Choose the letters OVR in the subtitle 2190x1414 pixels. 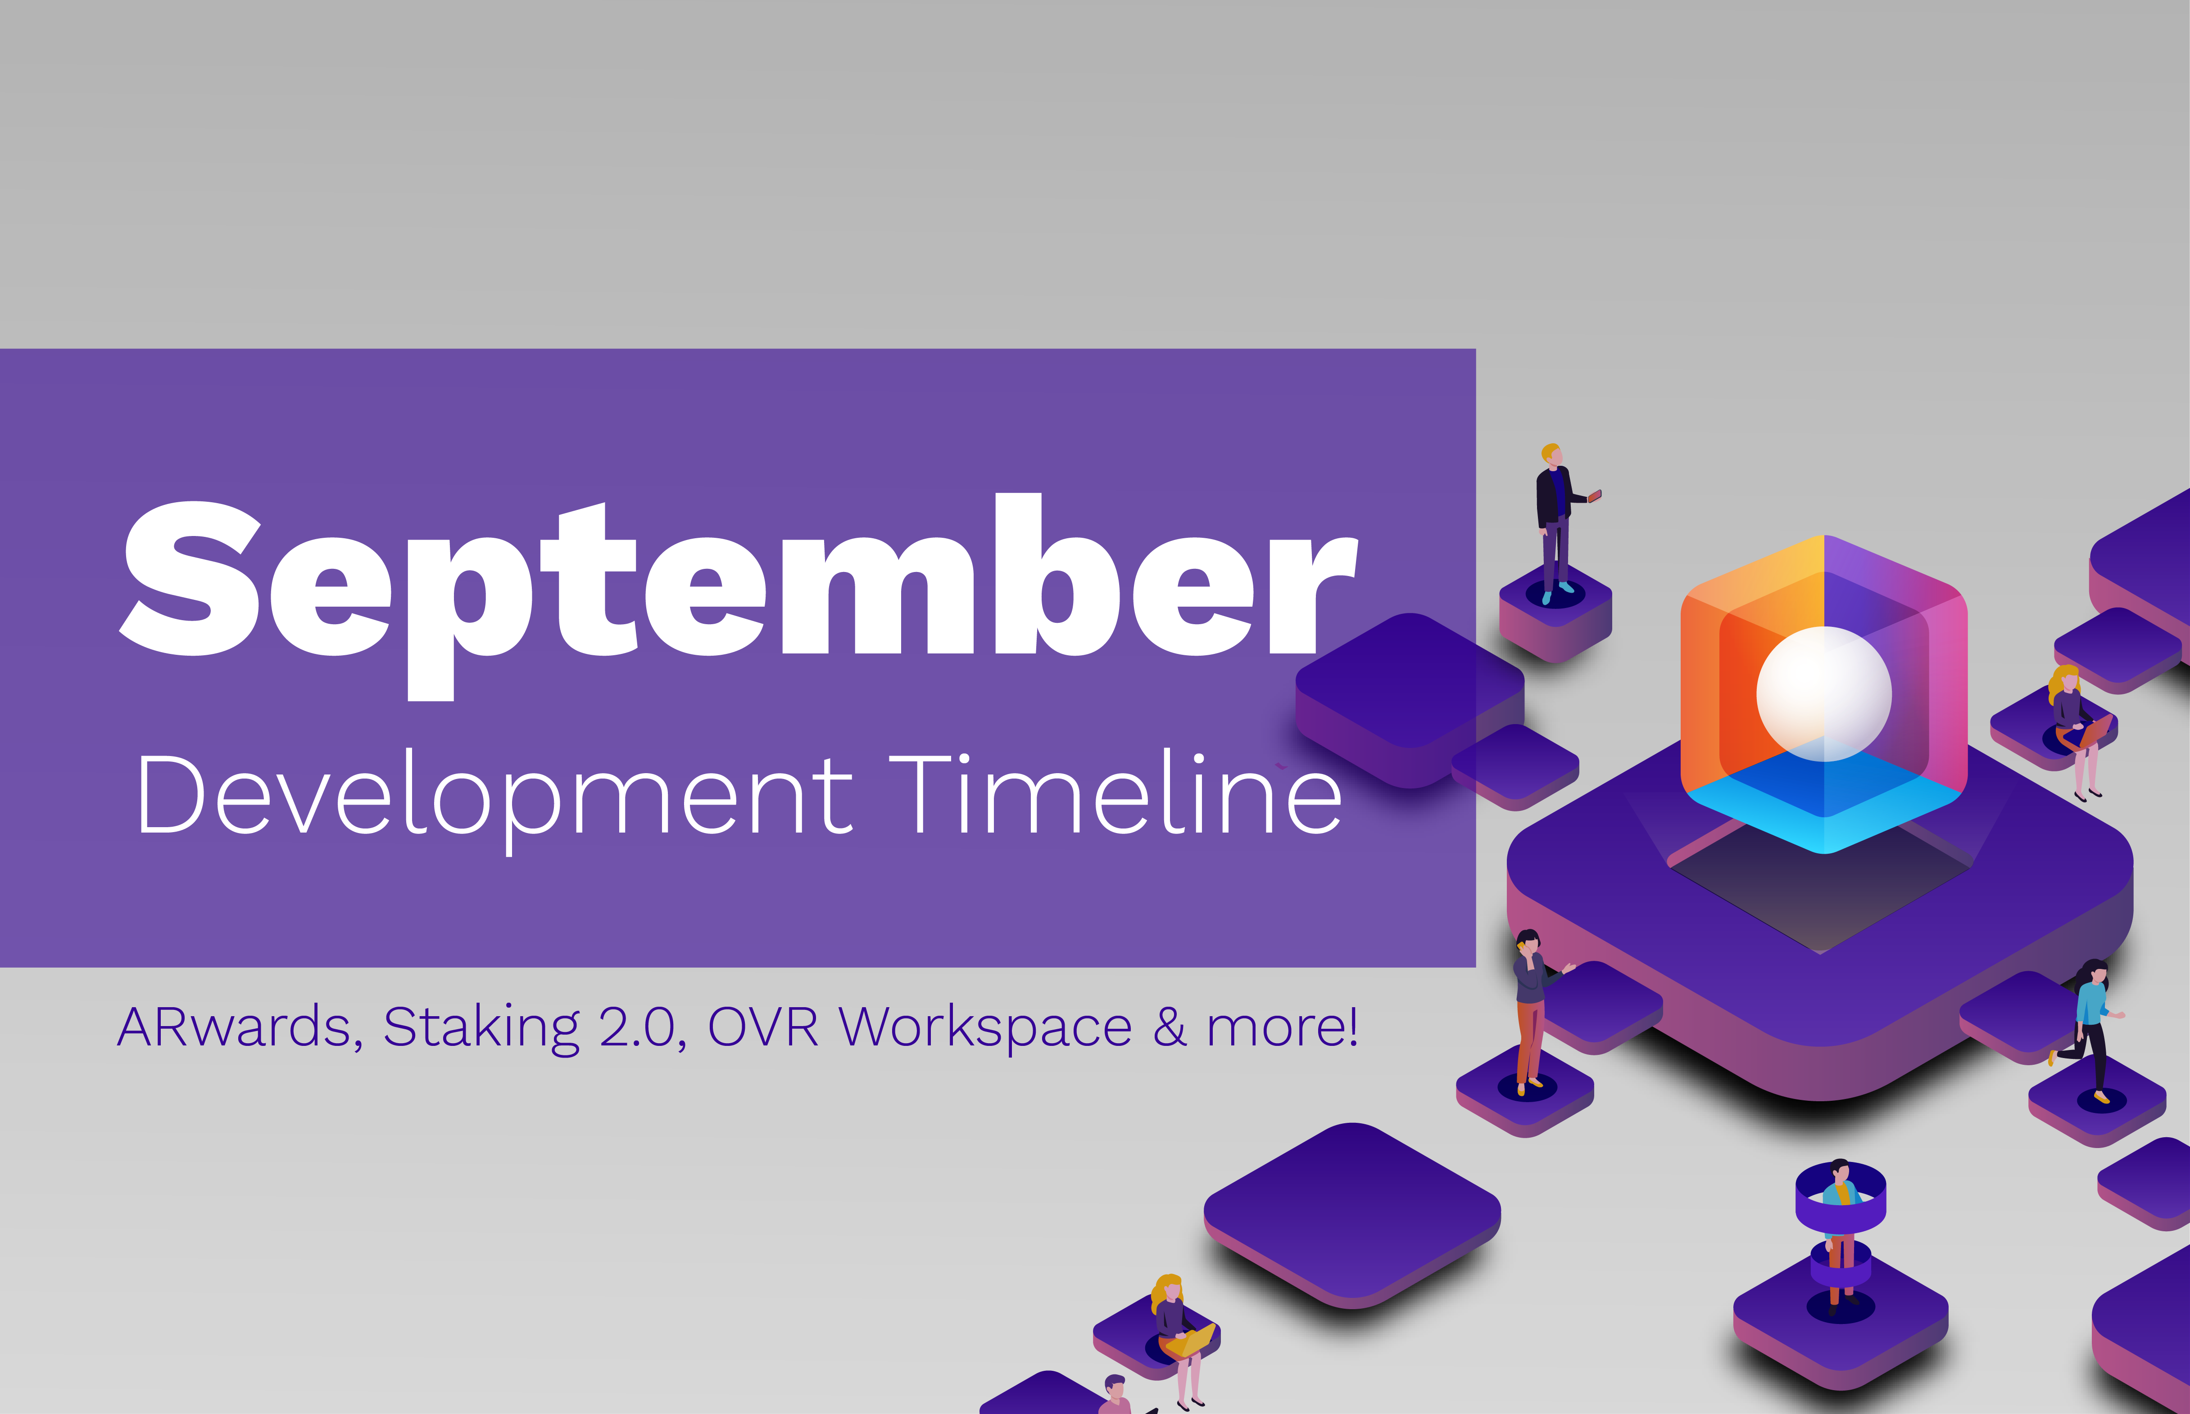[x=762, y=1027]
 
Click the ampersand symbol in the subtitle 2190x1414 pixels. [x=1170, y=1027]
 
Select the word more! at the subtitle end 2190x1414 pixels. [x=1282, y=1027]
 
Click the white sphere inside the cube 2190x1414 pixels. [x=1823, y=693]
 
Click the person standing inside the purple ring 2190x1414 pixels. [x=1840, y=1221]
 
